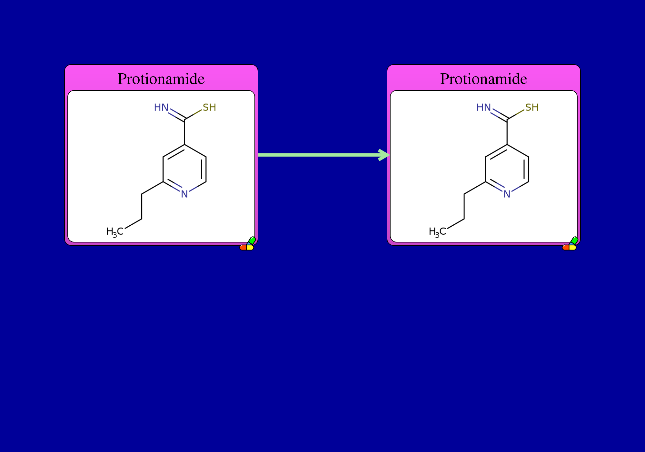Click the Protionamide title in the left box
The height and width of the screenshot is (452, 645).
pos(161,79)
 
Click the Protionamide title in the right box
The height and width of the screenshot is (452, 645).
pos(484,79)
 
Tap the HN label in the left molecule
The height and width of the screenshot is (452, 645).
pos(161,107)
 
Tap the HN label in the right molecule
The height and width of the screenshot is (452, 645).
pos(484,107)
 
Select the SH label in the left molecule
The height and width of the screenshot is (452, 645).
pos(209,107)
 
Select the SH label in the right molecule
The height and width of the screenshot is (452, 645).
pos(532,107)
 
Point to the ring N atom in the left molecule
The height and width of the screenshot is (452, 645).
pos(184,194)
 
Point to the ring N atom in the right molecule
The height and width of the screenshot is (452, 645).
pos(507,194)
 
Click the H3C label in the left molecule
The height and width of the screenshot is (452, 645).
pos(115,232)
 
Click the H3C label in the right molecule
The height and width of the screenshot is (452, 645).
pos(437,232)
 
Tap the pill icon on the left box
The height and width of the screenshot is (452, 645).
pos(248,244)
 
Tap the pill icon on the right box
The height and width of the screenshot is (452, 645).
pos(570,244)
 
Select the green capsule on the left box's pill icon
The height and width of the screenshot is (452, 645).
pos(252,241)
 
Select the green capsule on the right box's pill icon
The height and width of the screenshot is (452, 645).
pos(574,241)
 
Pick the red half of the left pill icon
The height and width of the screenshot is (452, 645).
pos(243,248)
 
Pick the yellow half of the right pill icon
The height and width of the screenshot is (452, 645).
pos(573,248)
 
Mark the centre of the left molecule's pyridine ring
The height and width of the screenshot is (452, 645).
pos(184,169)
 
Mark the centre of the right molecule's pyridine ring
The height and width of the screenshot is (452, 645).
pos(507,169)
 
